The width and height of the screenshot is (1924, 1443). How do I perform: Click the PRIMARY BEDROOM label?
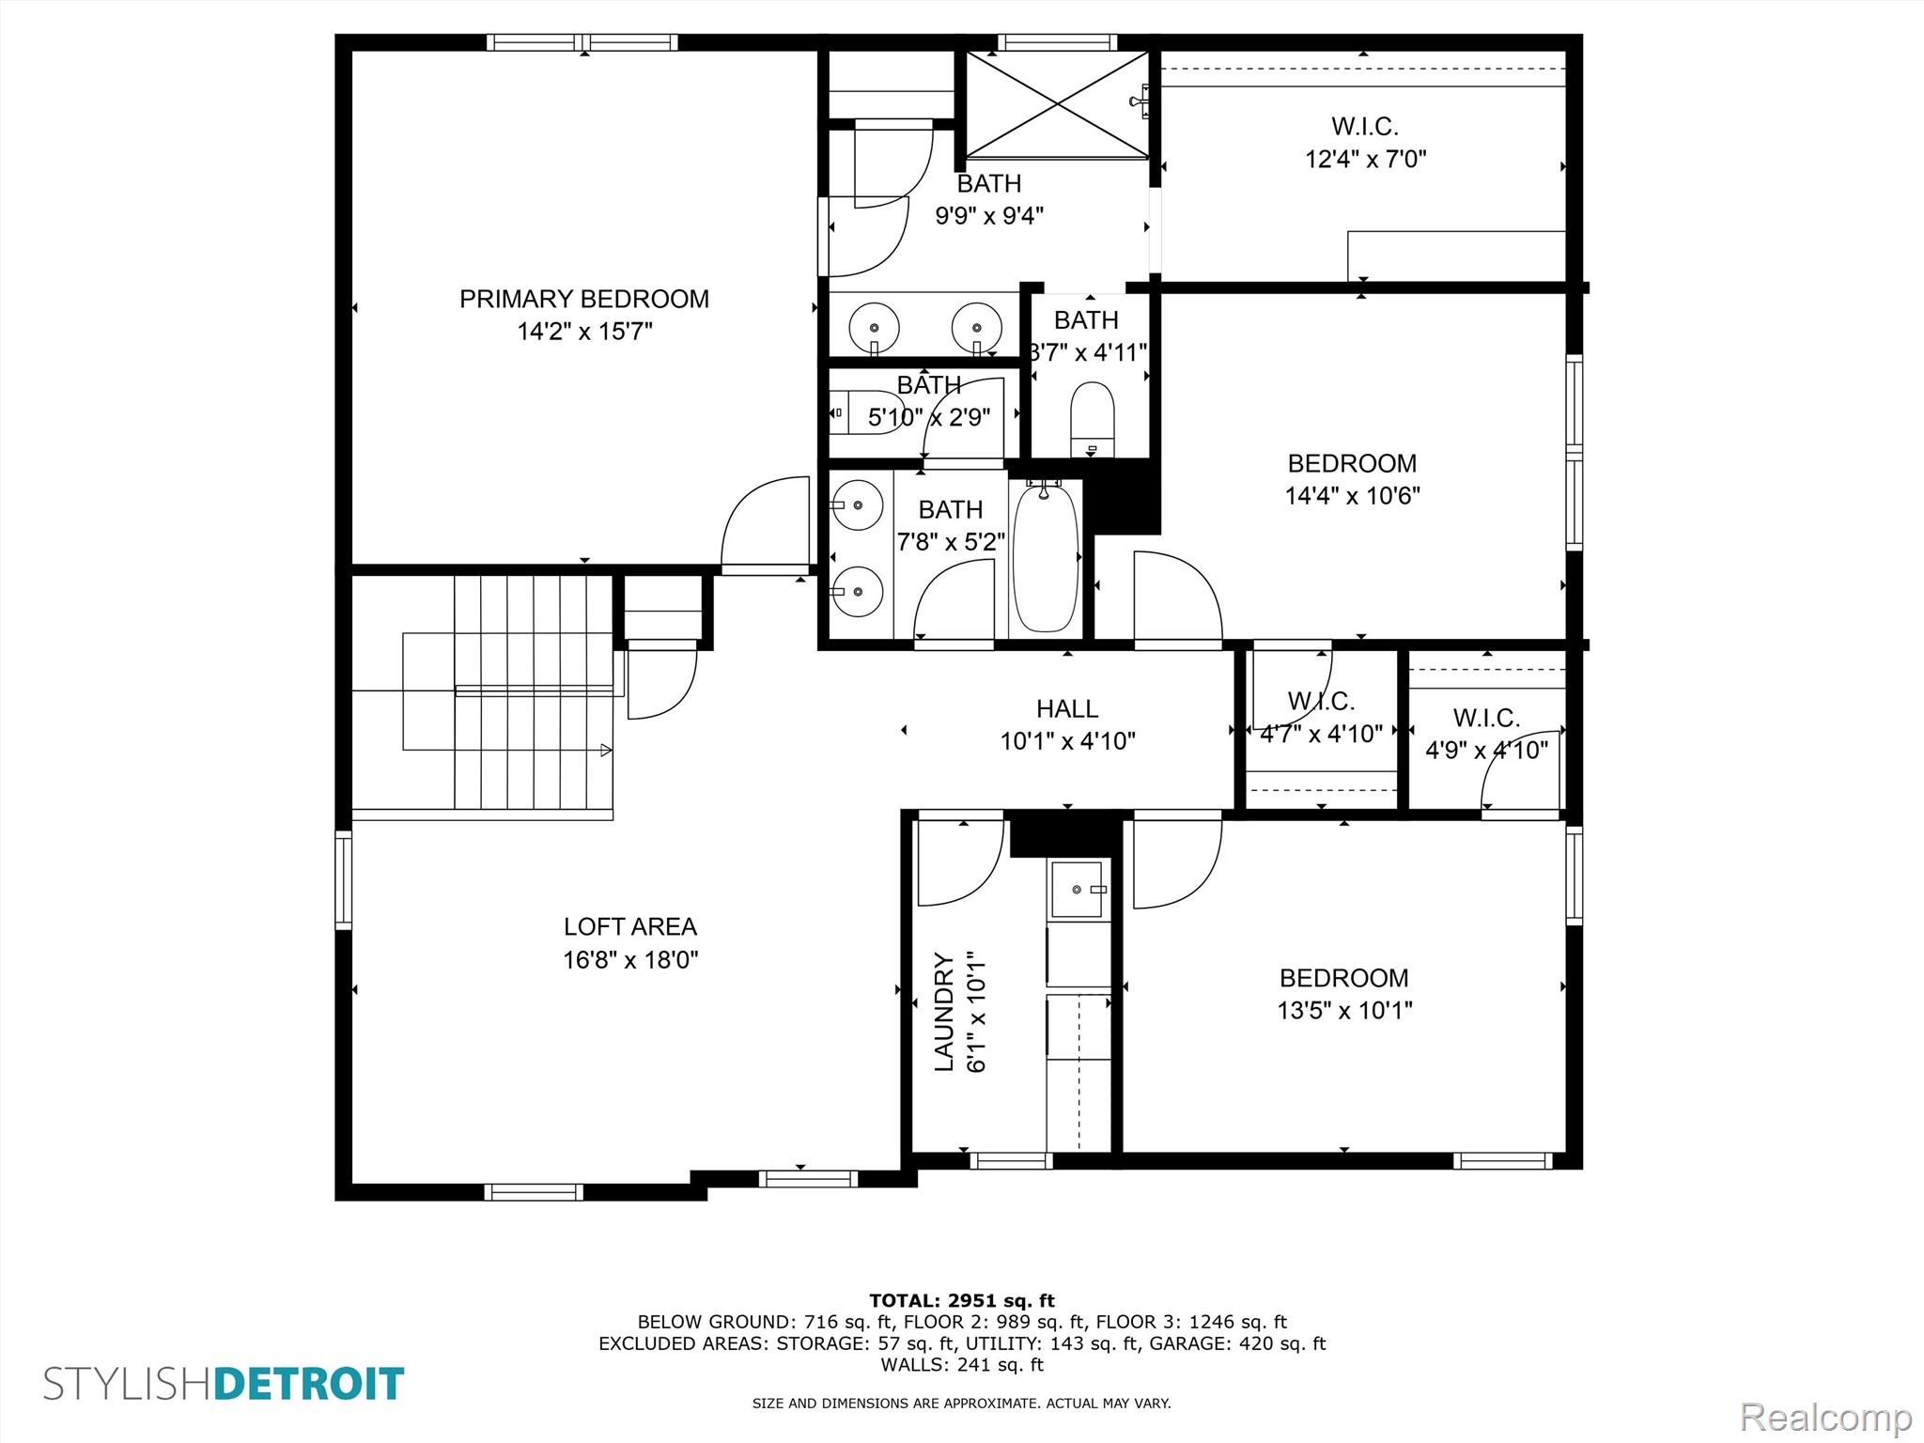[583, 299]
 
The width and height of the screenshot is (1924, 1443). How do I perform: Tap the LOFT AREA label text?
[630, 926]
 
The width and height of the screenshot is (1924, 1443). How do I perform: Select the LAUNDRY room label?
[944, 1012]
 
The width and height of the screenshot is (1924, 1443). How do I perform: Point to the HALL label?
[1067, 708]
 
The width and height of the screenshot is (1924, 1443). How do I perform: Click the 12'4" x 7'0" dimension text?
[1365, 159]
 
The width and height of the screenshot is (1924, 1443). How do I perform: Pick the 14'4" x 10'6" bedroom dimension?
[1352, 495]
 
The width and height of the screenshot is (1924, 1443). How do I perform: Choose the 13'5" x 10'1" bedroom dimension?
[1344, 1010]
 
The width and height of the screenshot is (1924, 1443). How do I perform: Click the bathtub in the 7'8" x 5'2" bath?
[1047, 557]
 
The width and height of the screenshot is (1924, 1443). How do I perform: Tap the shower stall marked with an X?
[1058, 104]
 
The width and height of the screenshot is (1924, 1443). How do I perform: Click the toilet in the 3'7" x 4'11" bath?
[1093, 419]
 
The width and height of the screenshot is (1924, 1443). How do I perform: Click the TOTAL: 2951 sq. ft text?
[962, 1301]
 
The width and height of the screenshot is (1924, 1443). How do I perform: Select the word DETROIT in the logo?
[310, 1385]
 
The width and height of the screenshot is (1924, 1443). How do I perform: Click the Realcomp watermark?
[1825, 1416]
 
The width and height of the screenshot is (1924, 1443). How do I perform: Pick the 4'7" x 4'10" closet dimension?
[1321, 734]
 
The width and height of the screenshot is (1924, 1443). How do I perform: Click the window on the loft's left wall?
[344, 880]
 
